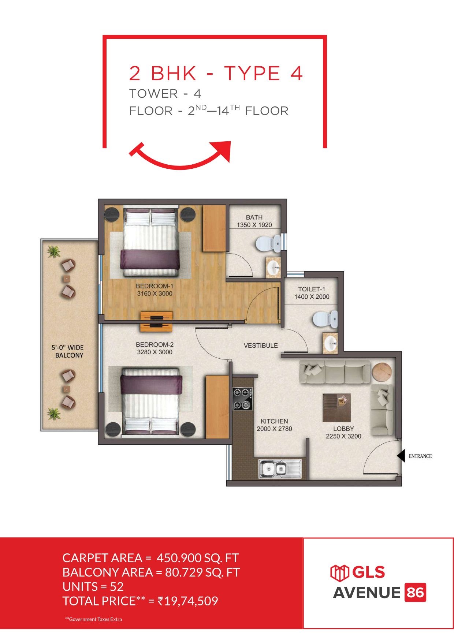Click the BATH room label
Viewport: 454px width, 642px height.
(x=254, y=217)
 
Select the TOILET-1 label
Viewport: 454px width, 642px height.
(x=312, y=289)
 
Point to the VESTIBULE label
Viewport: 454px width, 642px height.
(x=261, y=345)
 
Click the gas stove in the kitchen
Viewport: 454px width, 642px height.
(x=242, y=399)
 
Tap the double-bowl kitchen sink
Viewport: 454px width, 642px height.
(x=280, y=469)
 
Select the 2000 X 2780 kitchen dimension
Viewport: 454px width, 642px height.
(x=274, y=429)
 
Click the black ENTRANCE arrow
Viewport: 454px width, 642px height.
(x=401, y=456)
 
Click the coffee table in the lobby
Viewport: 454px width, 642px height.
(x=336, y=408)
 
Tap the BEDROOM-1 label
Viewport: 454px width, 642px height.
(x=154, y=286)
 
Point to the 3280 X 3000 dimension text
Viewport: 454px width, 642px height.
(x=155, y=352)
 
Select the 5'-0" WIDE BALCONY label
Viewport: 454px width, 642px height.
(x=68, y=351)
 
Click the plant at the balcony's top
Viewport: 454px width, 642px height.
(x=54, y=251)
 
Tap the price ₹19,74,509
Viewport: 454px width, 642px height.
(x=187, y=601)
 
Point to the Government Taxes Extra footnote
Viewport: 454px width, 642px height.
(x=93, y=619)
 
